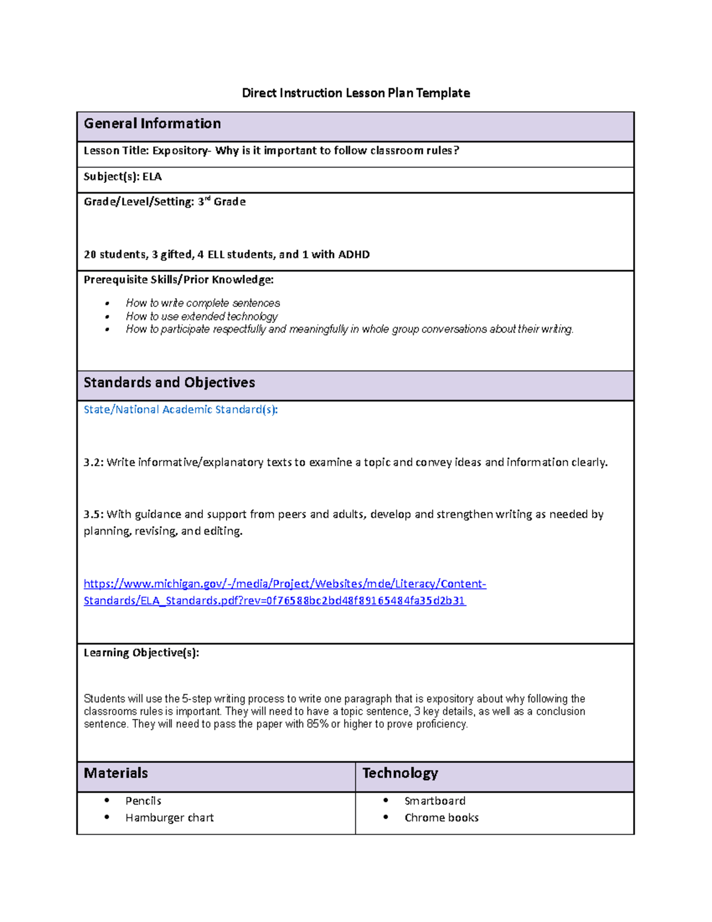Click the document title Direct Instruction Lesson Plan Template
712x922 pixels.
click(x=355, y=93)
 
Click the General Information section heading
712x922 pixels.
click(x=152, y=123)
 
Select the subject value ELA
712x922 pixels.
click(x=152, y=176)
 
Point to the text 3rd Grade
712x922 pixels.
click(x=221, y=202)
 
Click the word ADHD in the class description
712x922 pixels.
click(x=354, y=254)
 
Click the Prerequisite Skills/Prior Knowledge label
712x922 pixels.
click(x=179, y=280)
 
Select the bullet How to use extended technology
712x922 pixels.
click(x=202, y=316)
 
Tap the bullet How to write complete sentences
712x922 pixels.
click(x=203, y=303)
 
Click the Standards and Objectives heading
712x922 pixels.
click(x=169, y=382)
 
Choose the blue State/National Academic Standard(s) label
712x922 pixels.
click(x=180, y=410)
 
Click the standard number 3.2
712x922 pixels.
click(x=93, y=462)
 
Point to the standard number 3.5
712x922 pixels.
click(x=93, y=514)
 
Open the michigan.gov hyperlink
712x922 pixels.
click(x=285, y=584)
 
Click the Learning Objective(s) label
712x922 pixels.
click(x=141, y=652)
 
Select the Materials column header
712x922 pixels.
click(x=116, y=773)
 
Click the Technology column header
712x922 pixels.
click(x=400, y=773)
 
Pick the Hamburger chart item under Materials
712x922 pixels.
click(x=169, y=818)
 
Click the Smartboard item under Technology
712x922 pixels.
click(x=435, y=801)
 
